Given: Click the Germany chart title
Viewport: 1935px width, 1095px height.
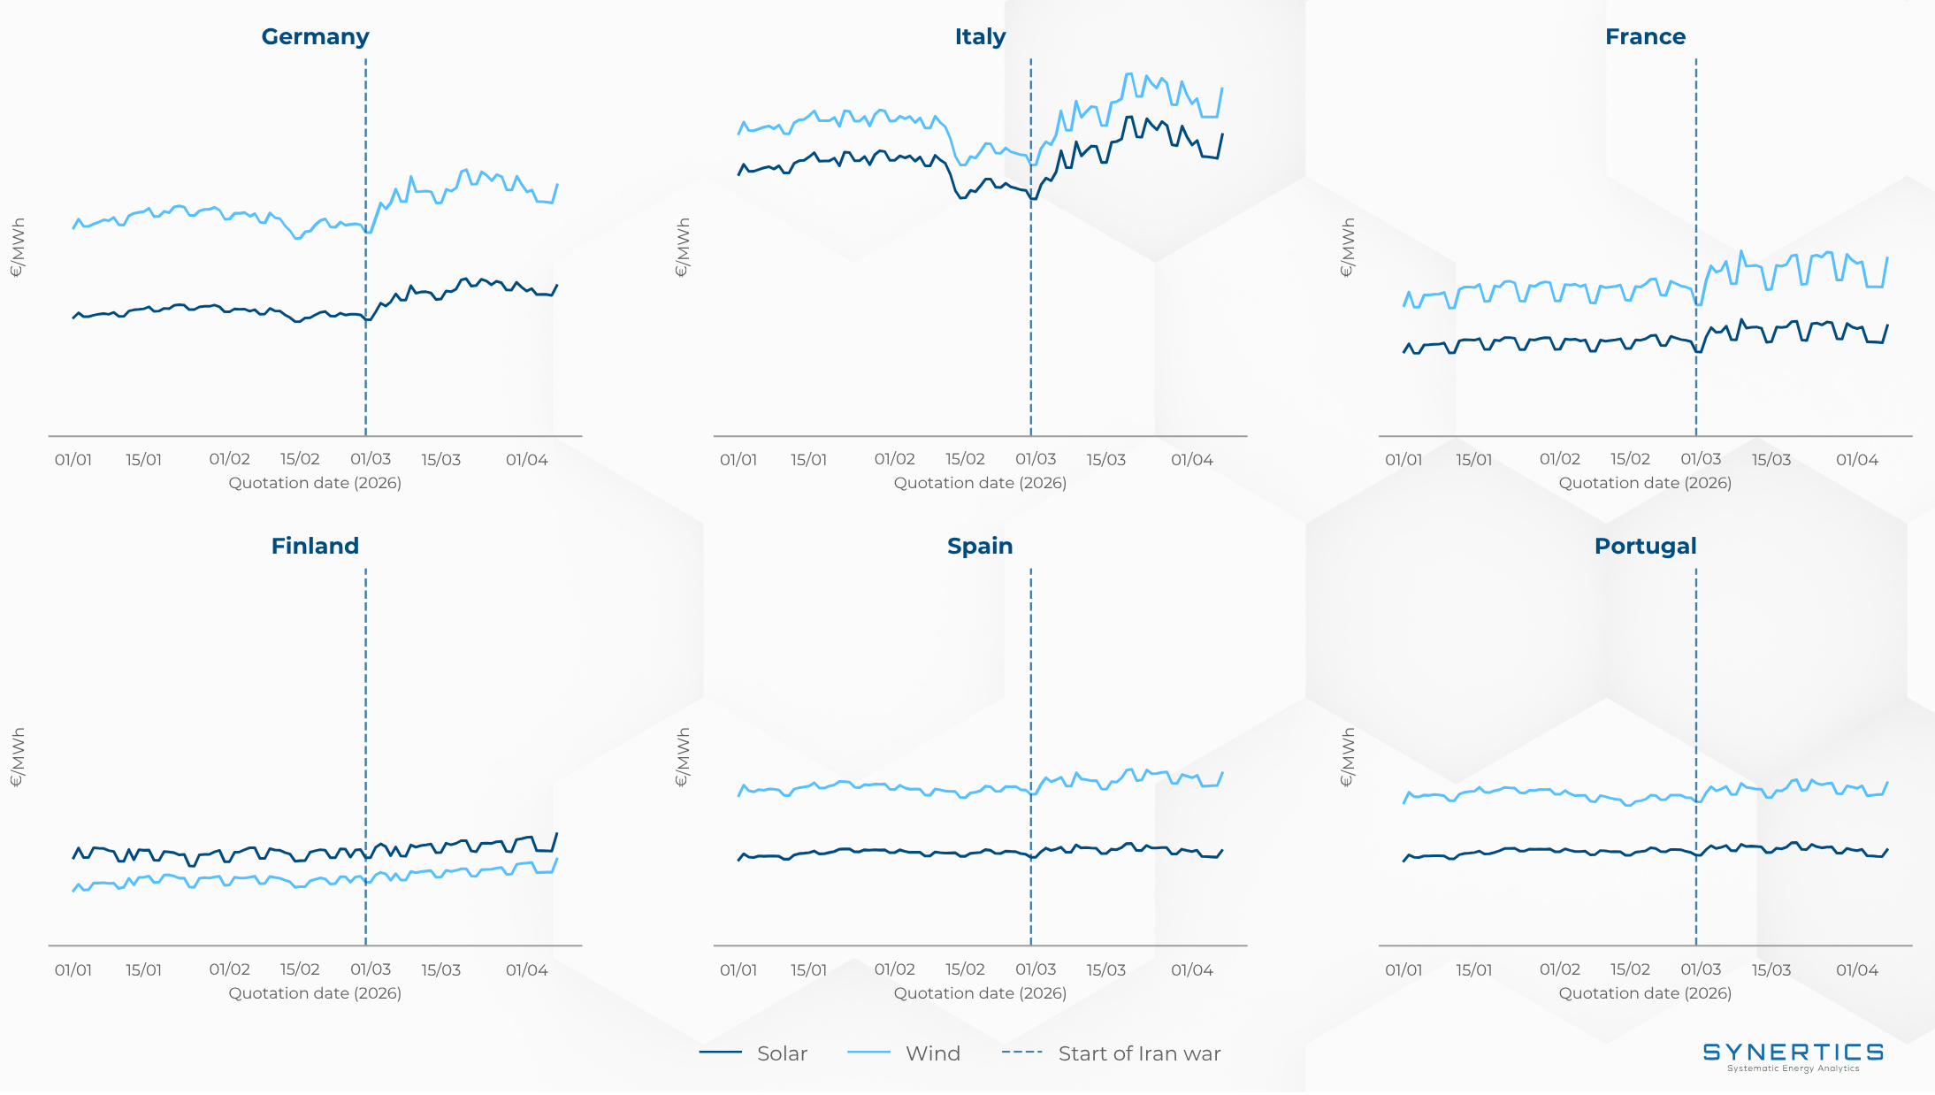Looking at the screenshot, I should [x=315, y=37].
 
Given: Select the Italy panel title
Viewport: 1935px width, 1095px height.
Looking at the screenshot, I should [x=980, y=37].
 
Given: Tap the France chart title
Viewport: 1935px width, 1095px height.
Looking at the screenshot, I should [x=1645, y=37].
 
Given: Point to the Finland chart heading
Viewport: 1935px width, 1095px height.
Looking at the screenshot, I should [x=315, y=547].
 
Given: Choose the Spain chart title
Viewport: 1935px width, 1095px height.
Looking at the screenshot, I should [x=980, y=547].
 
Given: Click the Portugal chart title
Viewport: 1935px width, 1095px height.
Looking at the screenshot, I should [x=1645, y=547].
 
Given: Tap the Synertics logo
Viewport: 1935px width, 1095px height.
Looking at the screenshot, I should [x=1793, y=1054].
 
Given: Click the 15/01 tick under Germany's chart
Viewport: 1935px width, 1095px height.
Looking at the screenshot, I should [x=143, y=460].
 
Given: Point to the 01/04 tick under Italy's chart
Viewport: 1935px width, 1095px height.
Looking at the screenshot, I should [x=1191, y=460].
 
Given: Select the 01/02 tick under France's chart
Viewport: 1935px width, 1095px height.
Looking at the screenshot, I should [x=1559, y=460].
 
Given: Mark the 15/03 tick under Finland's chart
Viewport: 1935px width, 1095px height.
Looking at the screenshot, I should [x=440, y=970].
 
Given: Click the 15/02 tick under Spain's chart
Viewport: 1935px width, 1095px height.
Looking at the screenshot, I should [x=965, y=970].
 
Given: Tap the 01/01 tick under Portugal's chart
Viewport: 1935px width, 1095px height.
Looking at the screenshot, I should [x=1403, y=970].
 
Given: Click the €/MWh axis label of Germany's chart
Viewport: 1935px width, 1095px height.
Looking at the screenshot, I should [x=18, y=248].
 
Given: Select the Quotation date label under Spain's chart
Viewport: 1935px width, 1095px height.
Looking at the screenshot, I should [x=980, y=993].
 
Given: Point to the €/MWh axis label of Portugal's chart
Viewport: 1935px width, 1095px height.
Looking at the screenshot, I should [x=1348, y=757].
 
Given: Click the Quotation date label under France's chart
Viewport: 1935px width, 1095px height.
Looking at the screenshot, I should [x=1645, y=483].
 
